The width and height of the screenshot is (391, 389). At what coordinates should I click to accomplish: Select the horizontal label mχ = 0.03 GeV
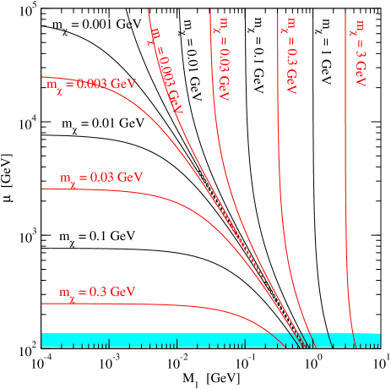(x=101, y=178)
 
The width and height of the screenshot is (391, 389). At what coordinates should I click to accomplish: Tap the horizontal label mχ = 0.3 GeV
(x=98, y=293)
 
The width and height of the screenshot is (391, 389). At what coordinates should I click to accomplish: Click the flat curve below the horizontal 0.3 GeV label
(x=127, y=304)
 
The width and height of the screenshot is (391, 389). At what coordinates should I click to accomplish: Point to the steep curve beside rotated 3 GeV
(x=346, y=169)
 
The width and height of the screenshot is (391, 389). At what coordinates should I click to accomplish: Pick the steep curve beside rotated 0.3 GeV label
(x=279, y=169)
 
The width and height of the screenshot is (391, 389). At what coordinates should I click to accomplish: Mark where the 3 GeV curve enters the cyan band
(x=352, y=333)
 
